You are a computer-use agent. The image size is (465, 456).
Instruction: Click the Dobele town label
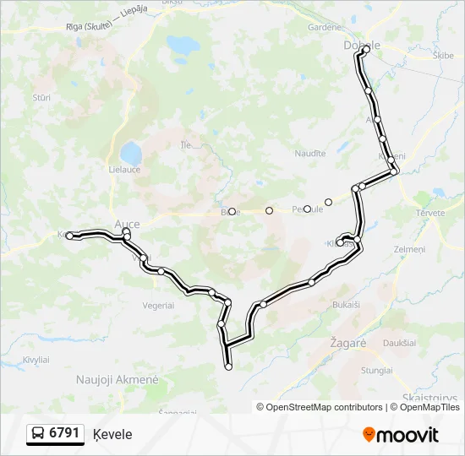click(362, 45)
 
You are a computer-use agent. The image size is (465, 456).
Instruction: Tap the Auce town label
click(126, 224)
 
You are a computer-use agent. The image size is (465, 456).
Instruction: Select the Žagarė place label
click(348, 345)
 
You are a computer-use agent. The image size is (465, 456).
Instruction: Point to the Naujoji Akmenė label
click(117, 380)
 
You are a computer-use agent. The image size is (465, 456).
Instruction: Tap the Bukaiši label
click(347, 303)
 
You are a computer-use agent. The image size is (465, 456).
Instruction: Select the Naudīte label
click(309, 153)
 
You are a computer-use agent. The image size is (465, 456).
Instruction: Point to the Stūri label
click(41, 98)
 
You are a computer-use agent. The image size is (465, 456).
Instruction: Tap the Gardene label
click(325, 27)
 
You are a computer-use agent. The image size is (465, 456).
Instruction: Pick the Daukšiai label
click(398, 342)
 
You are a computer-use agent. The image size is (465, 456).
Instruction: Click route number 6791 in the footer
click(64, 433)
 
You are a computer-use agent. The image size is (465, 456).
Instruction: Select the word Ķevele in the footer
click(113, 434)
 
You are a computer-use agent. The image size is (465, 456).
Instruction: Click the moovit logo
click(401, 435)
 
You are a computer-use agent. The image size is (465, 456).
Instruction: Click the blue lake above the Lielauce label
click(130, 153)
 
